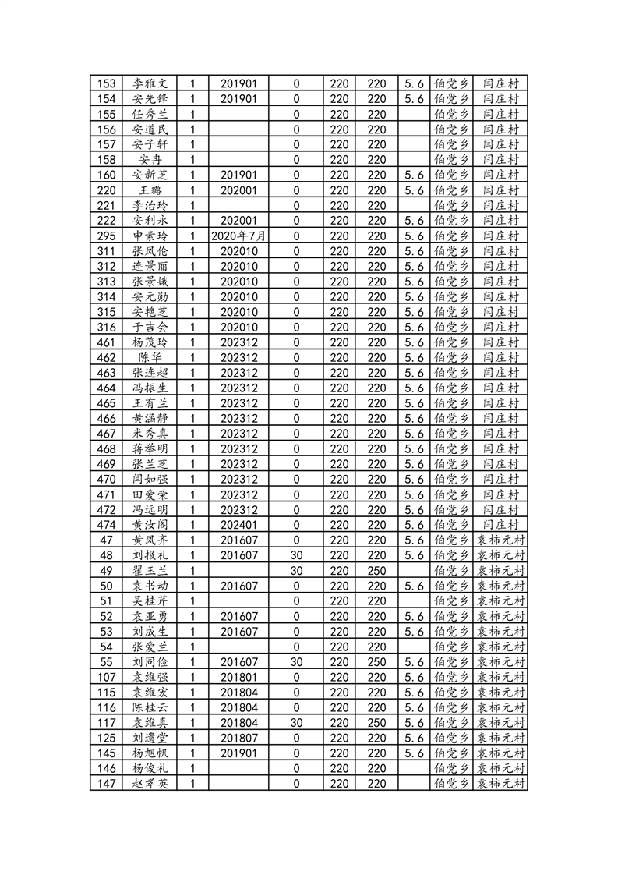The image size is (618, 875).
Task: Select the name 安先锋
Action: [150, 99]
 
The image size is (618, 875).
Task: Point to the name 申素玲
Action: [150, 236]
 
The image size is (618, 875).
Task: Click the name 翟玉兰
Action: [150, 571]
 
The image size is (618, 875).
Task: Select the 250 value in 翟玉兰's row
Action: [377, 571]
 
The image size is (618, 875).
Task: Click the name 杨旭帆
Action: [150, 753]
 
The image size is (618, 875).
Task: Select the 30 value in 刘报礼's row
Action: [296, 555]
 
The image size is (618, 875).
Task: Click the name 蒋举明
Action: [150, 449]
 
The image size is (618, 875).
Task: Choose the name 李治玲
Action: [150, 205]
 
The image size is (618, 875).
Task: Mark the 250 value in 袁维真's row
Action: [377, 723]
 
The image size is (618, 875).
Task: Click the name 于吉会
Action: [150, 327]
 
